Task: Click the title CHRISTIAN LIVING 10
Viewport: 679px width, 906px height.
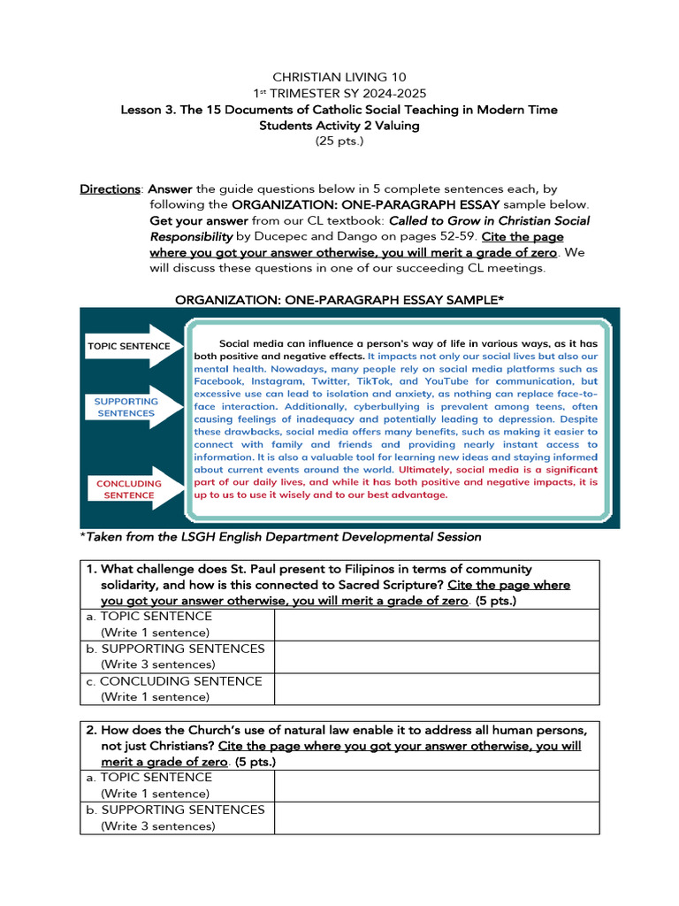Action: (339, 78)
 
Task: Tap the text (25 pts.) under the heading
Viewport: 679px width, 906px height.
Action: (339, 142)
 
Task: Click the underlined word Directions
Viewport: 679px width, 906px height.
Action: (111, 189)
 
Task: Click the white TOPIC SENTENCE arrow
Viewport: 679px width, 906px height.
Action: (130, 346)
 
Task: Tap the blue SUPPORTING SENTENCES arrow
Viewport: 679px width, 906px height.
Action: (130, 407)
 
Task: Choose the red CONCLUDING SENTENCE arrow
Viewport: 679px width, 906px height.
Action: (130, 489)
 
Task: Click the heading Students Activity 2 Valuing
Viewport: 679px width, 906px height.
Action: (339, 126)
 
